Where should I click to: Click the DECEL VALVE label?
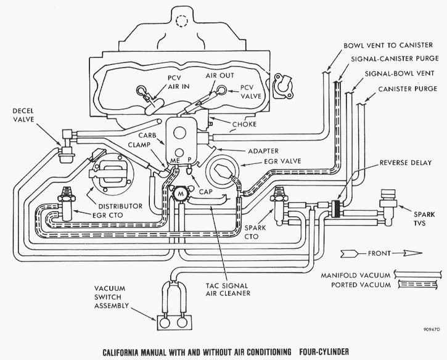click(23, 115)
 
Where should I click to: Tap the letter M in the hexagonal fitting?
click(181, 194)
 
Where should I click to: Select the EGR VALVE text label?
click(282, 162)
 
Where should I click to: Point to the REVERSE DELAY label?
click(405, 163)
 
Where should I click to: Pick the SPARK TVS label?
click(424, 218)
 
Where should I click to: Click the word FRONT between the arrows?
click(379, 253)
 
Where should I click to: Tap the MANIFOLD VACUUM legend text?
click(356, 276)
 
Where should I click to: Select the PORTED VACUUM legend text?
click(361, 285)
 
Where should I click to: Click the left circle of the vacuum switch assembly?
click(165, 322)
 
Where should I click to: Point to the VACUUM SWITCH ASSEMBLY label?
click(112, 297)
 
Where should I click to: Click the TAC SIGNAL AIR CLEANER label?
click(228, 289)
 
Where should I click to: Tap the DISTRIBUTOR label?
click(120, 206)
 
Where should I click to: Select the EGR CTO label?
click(108, 215)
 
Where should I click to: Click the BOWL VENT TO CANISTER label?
click(388, 46)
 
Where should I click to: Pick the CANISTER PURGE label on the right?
click(408, 89)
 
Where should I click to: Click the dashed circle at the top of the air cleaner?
click(182, 21)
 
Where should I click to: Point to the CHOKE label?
click(244, 125)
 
